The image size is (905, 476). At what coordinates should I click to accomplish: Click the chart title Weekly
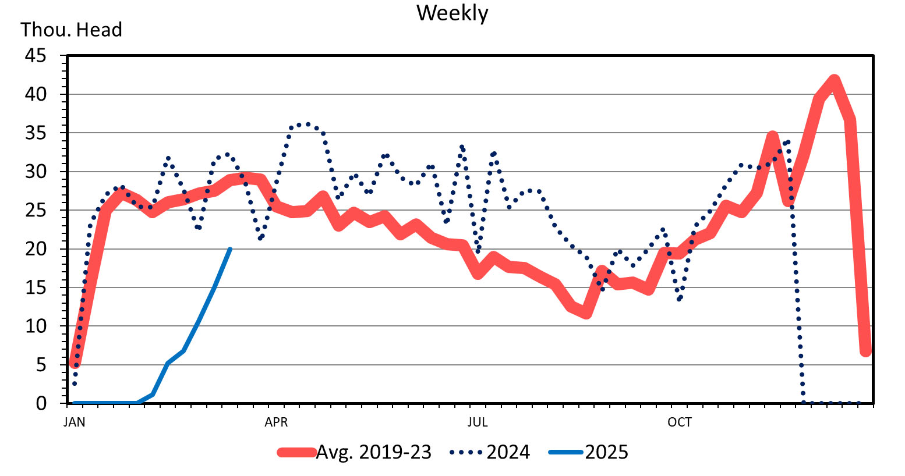(x=452, y=13)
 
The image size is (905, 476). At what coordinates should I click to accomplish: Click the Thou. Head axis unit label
(x=71, y=30)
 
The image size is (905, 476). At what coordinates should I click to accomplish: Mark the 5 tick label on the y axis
(x=40, y=365)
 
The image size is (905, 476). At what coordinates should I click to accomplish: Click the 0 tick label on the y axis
(x=40, y=403)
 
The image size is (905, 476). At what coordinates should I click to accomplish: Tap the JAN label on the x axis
(x=74, y=422)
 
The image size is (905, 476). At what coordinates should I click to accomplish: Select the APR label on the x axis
(x=276, y=422)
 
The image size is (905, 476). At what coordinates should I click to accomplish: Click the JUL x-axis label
(x=478, y=422)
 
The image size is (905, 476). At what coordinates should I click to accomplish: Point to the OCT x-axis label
(x=680, y=422)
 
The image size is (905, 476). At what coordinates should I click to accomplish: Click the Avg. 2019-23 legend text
(x=373, y=452)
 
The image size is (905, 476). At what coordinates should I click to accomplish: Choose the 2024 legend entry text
(x=508, y=452)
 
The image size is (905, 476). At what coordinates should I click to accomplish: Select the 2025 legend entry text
(x=606, y=452)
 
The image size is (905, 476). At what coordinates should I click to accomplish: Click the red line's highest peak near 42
(x=834, y=80)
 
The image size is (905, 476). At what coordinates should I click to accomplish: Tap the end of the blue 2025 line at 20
(x=230, y=249)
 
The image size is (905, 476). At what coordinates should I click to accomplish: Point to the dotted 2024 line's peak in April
(x=307, y=124)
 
